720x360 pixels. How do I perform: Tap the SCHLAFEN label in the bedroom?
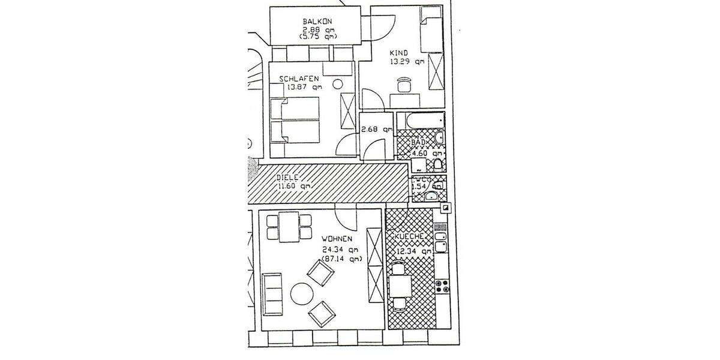coord(298,79)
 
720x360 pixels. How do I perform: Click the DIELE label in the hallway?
coord(288,178)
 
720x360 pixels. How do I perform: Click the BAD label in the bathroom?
coord(418,142)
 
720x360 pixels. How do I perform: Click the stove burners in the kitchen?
coord(444,285)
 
